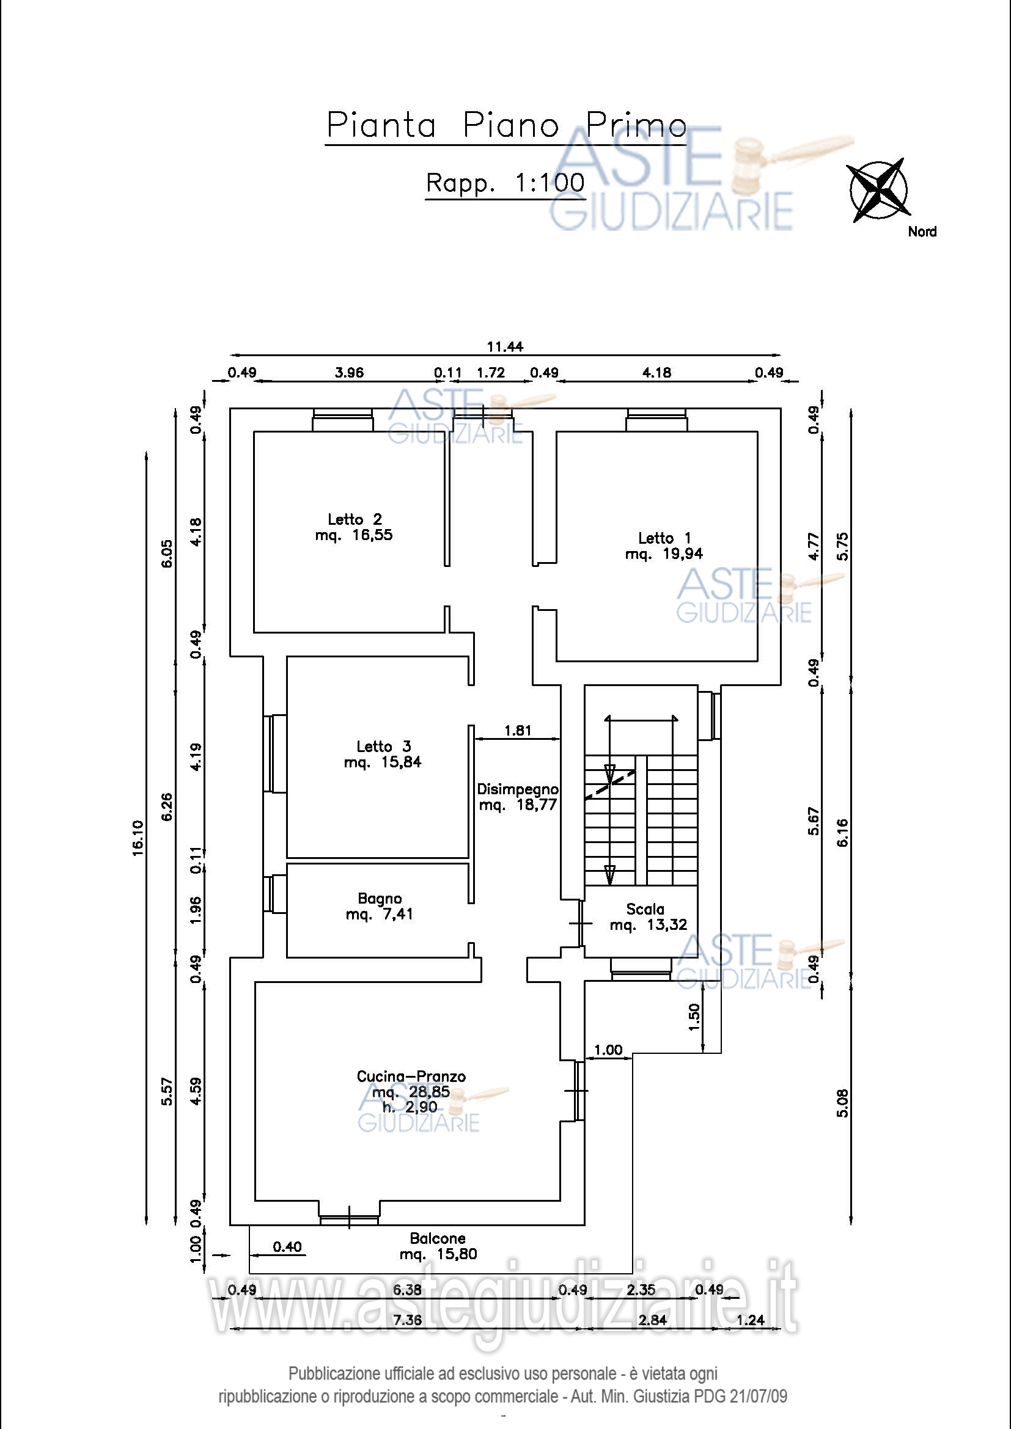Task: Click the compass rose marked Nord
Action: tap(878, 189)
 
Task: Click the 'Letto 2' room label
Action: tap(355, 519)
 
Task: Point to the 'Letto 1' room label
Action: tap(664, 538)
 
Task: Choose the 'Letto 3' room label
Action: tap(383, 746)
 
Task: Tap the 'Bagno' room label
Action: tap(380, 899)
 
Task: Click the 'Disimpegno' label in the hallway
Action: tap(518, 790)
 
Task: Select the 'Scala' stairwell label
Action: tap(645, 909)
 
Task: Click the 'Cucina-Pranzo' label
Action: tap(411, 1076)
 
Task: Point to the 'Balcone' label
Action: tap(438, 1238)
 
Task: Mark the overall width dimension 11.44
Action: tap(505, 346)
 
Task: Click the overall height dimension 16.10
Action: tap(138, 838)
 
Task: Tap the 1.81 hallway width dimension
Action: tap(518, 730)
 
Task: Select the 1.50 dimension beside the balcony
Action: tap(694, 1017)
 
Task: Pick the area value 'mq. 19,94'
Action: tap(664, 554)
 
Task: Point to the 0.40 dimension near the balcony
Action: tap(287, 1247)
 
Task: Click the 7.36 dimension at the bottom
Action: tap(407, 1320)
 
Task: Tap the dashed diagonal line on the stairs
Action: tap(610, 785)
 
